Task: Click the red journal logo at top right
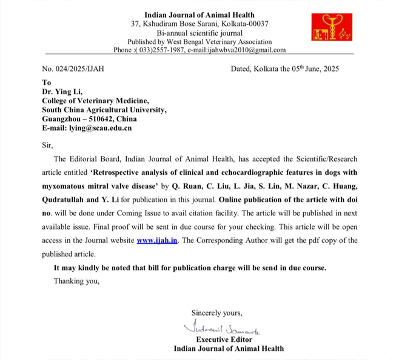(x=330, y=28)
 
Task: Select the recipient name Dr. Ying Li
(x=64, y=92)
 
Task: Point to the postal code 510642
(x=107, y=119)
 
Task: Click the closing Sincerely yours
(x=216, y=313)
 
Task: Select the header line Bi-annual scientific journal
(x=199, y=33)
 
